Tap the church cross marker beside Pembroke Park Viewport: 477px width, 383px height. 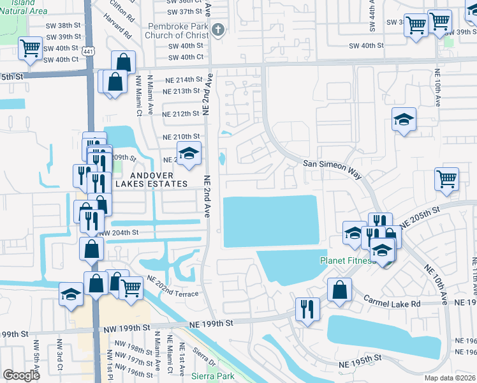[x=218, y=29]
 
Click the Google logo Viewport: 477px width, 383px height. [x=21, y=375]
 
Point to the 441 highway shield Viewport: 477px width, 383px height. [x=92, y=54]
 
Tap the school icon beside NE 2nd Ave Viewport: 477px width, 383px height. [x=189, y=154]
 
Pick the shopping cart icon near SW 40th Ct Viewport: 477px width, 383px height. [x=30, y=49]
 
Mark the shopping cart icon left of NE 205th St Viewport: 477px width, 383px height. [x=446, y=180]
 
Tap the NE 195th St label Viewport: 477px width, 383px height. [x=360, y=363]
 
